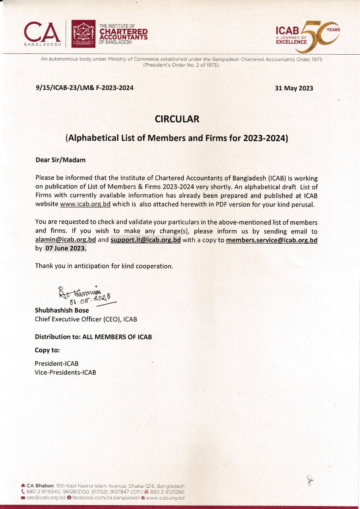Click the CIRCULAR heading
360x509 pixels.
point(177,119)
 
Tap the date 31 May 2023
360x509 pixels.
point(294,88)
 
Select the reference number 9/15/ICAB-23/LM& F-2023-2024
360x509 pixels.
point(85,88)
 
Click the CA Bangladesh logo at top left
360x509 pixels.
point(42,33)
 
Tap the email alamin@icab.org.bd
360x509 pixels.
point(65,239)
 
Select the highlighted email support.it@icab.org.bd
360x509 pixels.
point(146,239)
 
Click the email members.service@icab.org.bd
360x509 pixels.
point(271,240)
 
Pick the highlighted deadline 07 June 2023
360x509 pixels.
point(66,248)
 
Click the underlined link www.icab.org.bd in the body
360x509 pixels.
point(85,204)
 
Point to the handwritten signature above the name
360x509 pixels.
point(85,294)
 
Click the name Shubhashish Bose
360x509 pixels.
point(62,310)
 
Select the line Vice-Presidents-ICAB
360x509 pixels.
point(65,373)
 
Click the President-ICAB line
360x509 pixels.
point(56,364)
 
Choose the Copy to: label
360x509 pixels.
point(47,350)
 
